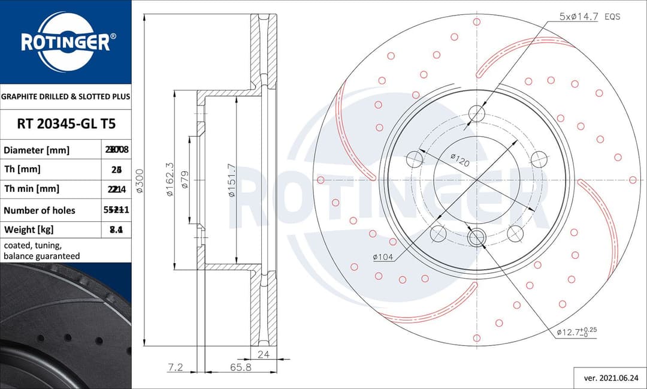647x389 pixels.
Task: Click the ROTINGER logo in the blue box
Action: click(65, 41)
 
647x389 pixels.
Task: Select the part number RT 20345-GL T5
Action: click(65, 124)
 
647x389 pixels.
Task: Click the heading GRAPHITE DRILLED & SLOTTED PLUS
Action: click(65, 96)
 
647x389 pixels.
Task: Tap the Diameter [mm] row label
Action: click(37, 150)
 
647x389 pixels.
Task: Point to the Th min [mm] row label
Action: click(32, 189)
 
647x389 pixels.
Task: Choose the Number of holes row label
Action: click(40, 210)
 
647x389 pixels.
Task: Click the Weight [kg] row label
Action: click(29, 230)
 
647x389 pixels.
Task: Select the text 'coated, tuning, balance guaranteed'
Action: click(42, 251)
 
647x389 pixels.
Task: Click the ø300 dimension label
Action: click(139, 180)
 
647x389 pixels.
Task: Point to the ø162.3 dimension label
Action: click(170, 180)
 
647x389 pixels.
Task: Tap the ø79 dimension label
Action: click(185, 180)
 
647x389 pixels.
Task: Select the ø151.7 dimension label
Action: click(231, 180)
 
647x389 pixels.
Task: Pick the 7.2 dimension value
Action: click(175, 367)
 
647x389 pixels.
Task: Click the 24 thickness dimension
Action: click(263, 354)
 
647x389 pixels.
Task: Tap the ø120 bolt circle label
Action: click(459, 160)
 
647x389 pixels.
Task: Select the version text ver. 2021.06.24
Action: click(610, 378)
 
